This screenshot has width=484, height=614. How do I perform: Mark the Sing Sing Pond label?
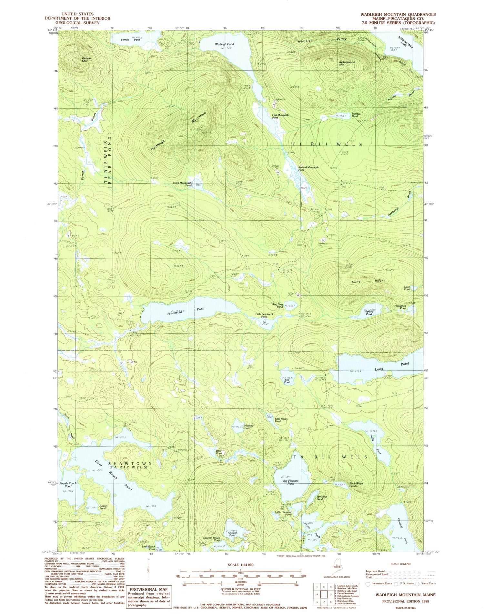[277, 305]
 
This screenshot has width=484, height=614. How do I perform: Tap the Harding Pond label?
[369, 313]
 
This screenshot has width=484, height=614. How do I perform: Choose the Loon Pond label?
[407, 288]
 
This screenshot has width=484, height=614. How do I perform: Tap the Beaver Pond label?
[102, 507]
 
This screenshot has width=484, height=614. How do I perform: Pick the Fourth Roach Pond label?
[68, 485]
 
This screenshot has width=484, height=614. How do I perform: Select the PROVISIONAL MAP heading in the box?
[149, 589]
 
